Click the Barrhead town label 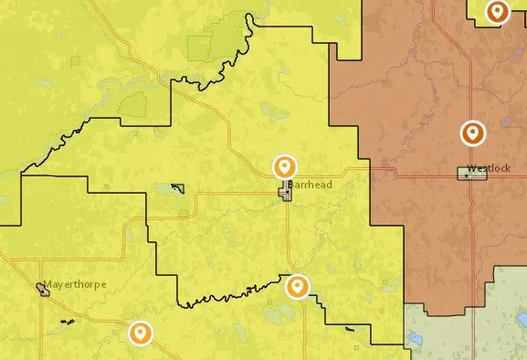tap(312, 185)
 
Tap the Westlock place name tap(485, 168)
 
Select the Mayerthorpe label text tap(76, 284)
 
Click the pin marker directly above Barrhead tap(285, 167)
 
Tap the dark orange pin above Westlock tap(472, 133)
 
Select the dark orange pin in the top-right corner tap(497, 12)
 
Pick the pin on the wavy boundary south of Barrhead tap(297, 288)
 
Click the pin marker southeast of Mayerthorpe tap(140, 333)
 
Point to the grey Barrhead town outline tap(286, 191)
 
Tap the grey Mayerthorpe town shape tap(43, 291)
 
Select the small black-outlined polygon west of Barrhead tap(179, 189)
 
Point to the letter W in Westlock tap(469, 168)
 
